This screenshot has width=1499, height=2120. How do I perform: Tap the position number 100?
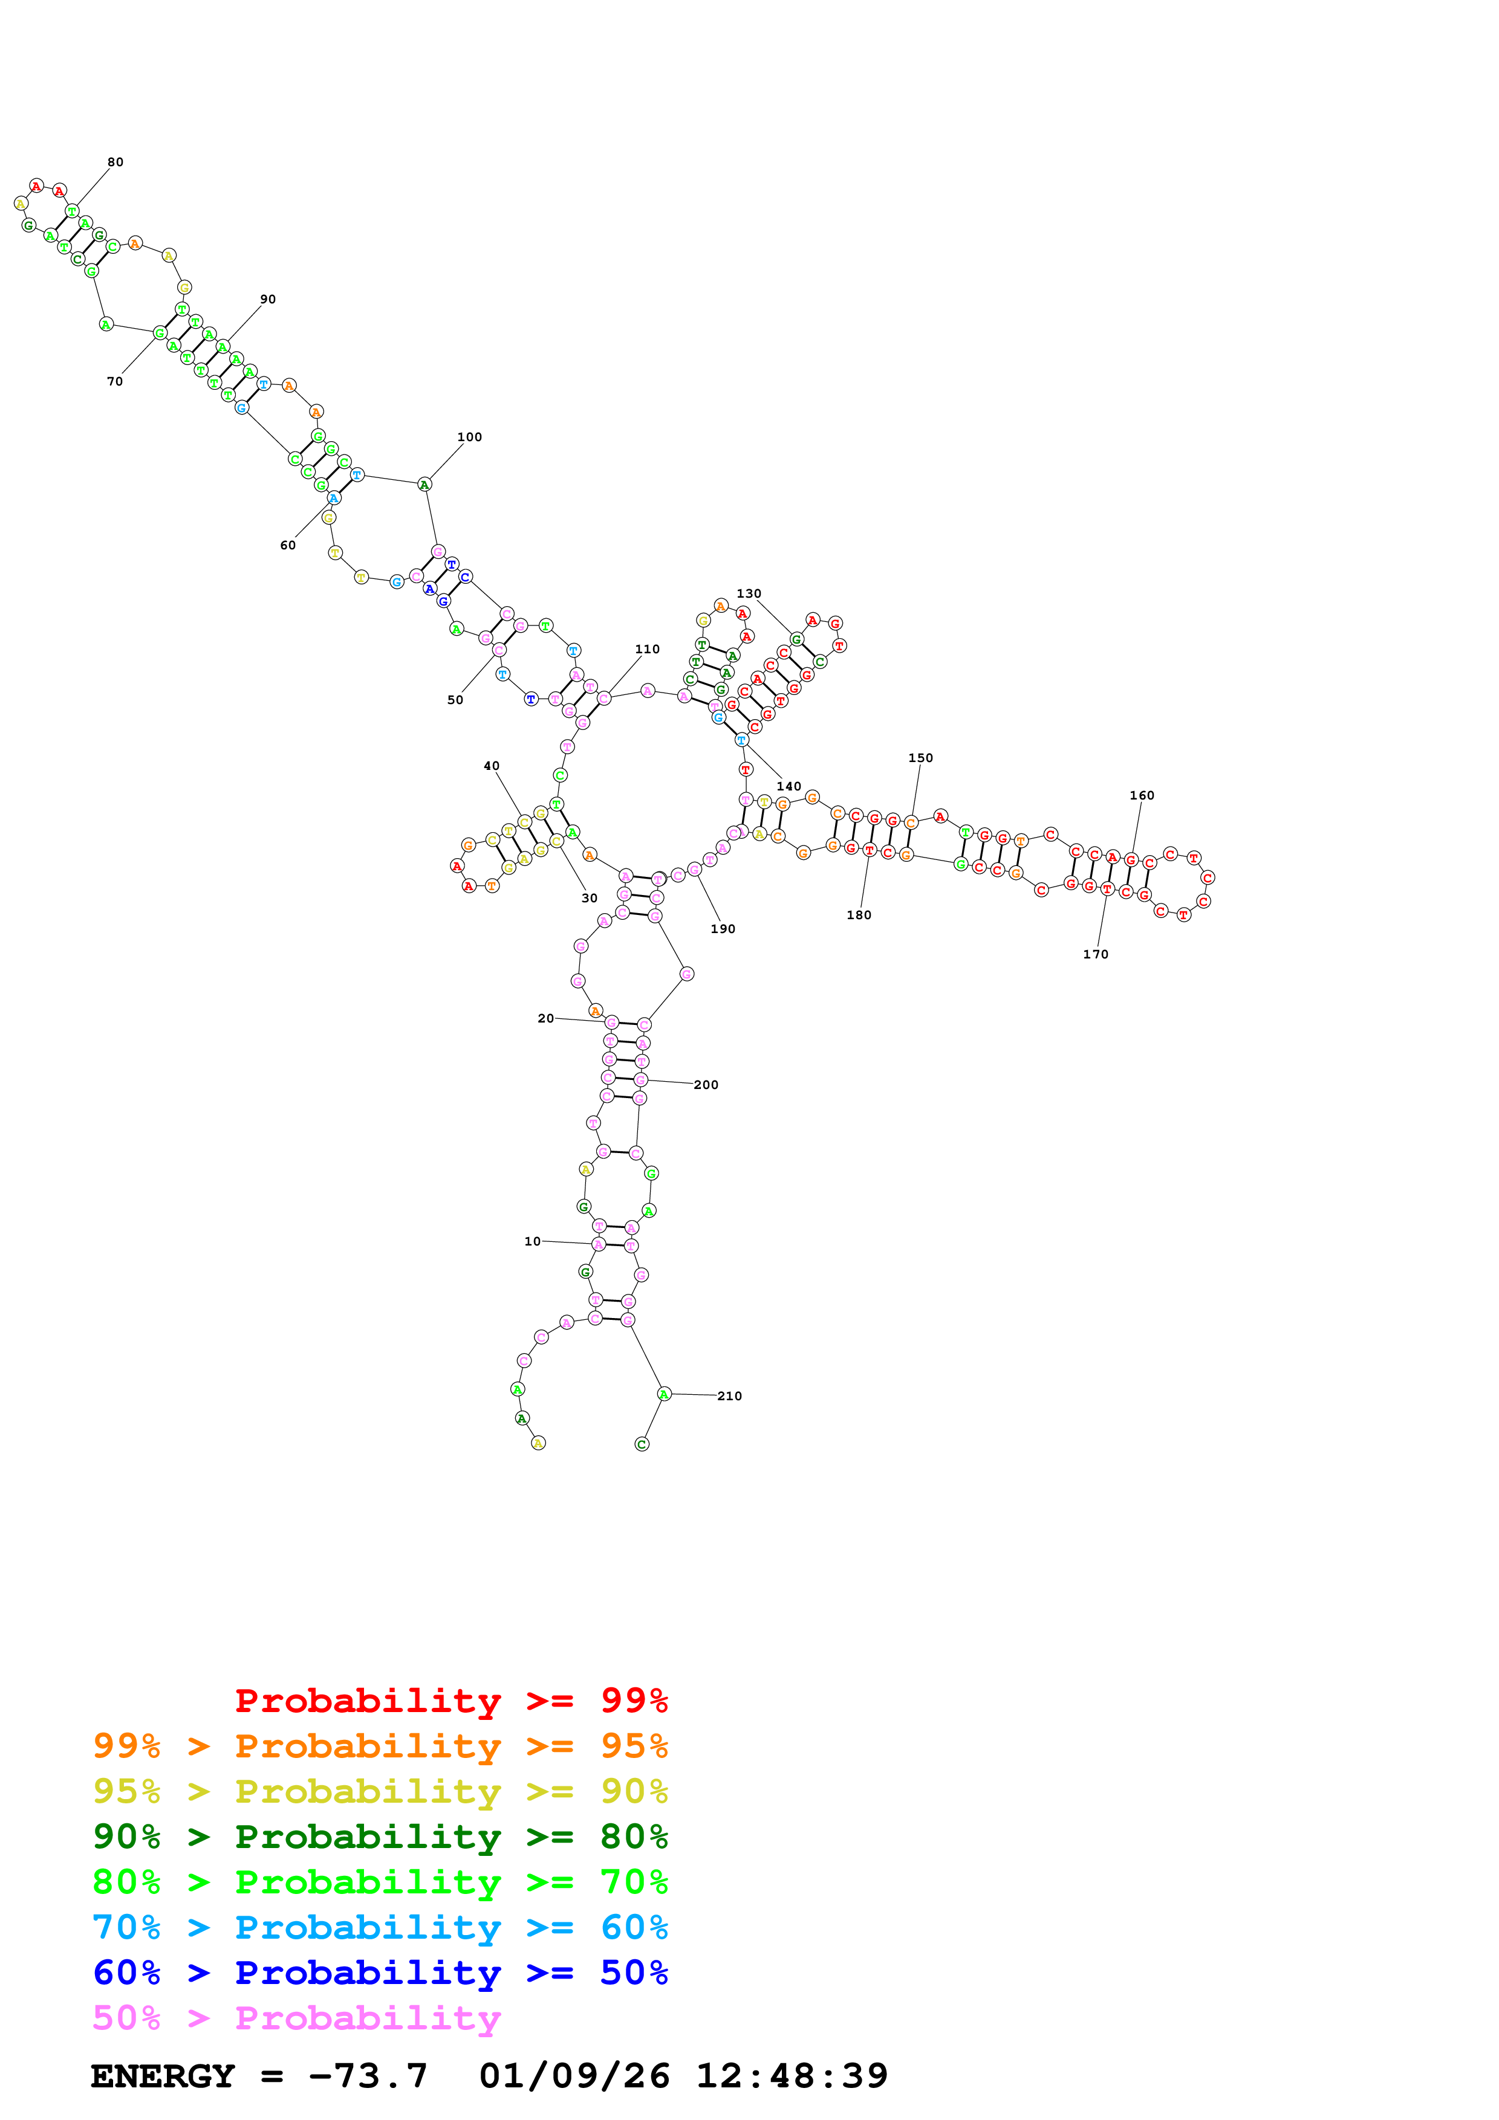tap(469, 438)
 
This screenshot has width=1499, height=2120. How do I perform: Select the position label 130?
tap(749, 593)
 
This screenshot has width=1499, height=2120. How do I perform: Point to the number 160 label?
tap(1142, 795)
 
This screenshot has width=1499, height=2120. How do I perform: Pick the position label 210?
tap(730, 1396)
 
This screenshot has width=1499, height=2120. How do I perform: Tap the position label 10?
tap(532, 1242)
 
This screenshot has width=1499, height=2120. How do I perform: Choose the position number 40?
tap(492, 766)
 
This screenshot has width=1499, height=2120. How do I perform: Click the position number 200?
tap(706, 1085)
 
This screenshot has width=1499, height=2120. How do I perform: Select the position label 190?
tap(722, 929)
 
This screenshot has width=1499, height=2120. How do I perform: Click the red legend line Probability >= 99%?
tap(450, 1701)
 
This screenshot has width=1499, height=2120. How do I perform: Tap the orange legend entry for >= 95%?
tap(380, 1746)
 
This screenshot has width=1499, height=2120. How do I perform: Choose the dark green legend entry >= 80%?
tap(380, 1837)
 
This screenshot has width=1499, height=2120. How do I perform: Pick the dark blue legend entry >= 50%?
tap(380, 1973)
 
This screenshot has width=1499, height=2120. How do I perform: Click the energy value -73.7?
tap(368, 2076)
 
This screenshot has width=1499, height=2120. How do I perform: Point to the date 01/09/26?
tap(574, 2076)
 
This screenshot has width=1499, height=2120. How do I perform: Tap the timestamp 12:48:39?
tap(792, 2076)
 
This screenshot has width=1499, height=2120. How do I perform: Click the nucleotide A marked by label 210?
tap(663, 1394)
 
